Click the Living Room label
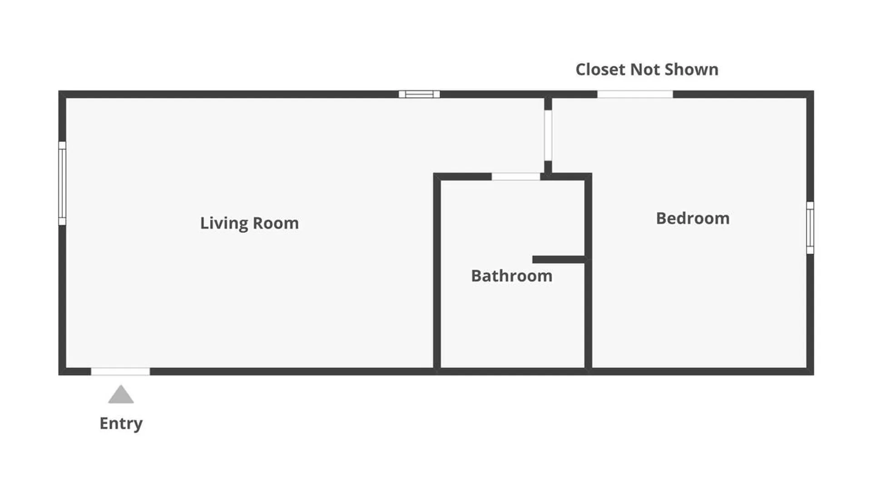point(249,223)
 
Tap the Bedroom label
point(693,218)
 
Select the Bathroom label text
point(511,276)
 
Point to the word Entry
point(121,423)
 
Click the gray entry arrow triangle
point(121,395)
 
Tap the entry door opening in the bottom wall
point(120,371)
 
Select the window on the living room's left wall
point(62,183)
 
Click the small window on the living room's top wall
point(419,94)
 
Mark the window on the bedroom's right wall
point(810,228)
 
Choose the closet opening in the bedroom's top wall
point(635,94)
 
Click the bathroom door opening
point(516,176)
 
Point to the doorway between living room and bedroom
point(548,135)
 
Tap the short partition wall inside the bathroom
point(559,260)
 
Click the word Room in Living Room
point(276,223)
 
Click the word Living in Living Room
point(224,223)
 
